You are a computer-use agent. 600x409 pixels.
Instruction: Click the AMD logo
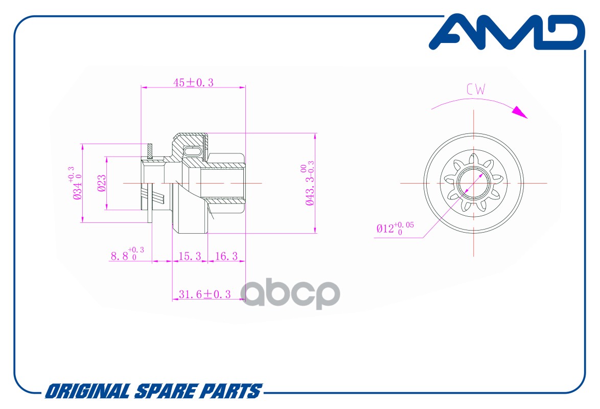point(507,32)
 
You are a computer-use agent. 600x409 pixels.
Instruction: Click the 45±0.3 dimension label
point(193,82)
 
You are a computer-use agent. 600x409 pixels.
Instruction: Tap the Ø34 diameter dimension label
point(77,183)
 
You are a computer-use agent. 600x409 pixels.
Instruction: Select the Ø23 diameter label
point(101,183)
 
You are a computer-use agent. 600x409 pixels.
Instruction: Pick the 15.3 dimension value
point(190,256)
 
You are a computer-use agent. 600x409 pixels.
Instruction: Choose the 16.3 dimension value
point(226,256)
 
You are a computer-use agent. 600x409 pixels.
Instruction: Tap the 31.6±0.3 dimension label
point(205,294)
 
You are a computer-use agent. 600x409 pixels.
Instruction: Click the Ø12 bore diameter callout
point(395,228)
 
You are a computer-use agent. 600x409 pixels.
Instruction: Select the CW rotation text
point(476,89)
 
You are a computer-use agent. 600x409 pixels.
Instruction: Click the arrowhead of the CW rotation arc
point(520,111)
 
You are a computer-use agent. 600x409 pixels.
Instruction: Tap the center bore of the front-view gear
point(473,183)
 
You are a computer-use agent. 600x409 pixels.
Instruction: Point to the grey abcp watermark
point(290,294)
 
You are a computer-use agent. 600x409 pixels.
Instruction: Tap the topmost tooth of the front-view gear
point(474,160)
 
